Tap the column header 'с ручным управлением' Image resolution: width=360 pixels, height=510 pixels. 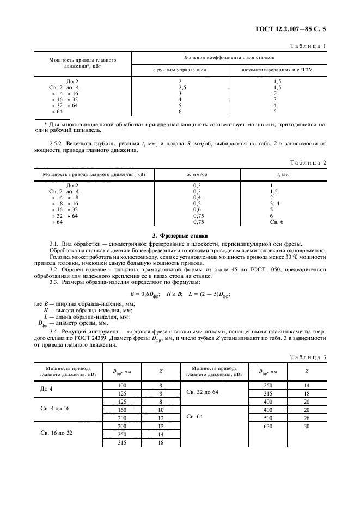[180, 70]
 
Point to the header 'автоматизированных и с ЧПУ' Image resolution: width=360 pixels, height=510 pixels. [277, 70]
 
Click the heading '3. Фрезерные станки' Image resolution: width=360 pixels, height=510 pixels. [180, 235]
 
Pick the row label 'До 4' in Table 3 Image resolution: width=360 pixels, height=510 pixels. [48, 390]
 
